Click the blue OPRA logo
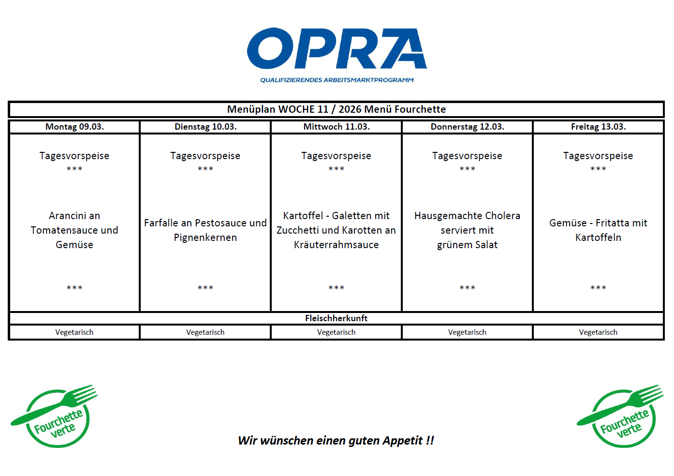coord(337,48)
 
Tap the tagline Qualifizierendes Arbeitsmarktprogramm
coord(337,80)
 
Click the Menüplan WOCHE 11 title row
coord(337,109)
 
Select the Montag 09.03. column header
coord(74,127)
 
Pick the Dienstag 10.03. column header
coord(205,127)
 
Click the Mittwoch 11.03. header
coord(337,127)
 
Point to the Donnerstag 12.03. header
coord(467,127)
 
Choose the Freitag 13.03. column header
coord(598,127)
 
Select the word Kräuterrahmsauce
coord(337,245)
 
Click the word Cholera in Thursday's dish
coord(502,216)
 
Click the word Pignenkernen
coord(205,238)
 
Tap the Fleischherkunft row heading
coord(337,318)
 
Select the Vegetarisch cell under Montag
coord(74,332)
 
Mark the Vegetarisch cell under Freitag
coord(598,332)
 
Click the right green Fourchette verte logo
coord(621,416)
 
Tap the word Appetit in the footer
coord(402,441)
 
